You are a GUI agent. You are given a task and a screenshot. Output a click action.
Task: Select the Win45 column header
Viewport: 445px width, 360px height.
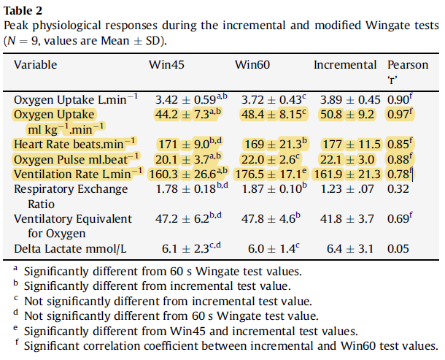(166, 65)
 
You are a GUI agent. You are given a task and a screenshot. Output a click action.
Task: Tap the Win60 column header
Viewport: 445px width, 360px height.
(252, 65)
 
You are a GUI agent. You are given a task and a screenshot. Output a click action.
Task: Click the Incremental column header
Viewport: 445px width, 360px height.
(344, 65)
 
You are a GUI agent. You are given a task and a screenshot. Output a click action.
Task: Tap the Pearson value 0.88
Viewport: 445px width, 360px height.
(400, 159)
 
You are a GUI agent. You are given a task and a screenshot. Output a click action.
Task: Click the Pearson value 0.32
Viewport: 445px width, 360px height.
(398, 189)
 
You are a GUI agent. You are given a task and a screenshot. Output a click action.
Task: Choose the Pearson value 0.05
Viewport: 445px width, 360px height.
(398, 249)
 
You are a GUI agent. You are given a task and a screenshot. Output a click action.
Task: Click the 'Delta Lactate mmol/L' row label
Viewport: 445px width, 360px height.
(70, 249)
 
